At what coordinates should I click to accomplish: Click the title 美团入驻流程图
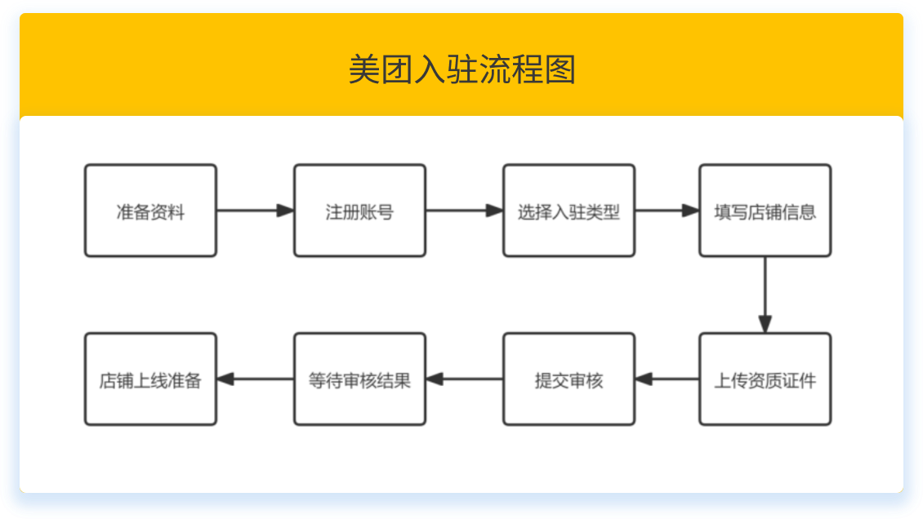coord(461,70)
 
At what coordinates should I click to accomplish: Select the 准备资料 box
coord(150,211)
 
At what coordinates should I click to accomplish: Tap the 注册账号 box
coord(359,211)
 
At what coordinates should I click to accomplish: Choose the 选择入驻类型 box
coord(569,211)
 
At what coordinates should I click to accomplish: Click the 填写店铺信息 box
coord(765,211)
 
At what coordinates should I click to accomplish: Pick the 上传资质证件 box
coord(765,379)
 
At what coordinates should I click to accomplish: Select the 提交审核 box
coord(569,379)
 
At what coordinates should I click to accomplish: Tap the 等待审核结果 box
coord(359,379)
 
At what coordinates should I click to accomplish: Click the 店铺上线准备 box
coord(150,379)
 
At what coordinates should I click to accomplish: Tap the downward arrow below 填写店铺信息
coord(765,295)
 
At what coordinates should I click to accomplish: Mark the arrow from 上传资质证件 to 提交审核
coord(667,379)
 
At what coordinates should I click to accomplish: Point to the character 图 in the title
coord(560,70)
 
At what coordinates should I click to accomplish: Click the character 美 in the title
coord(364,70)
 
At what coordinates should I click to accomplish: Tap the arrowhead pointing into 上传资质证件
coord(765,324)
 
